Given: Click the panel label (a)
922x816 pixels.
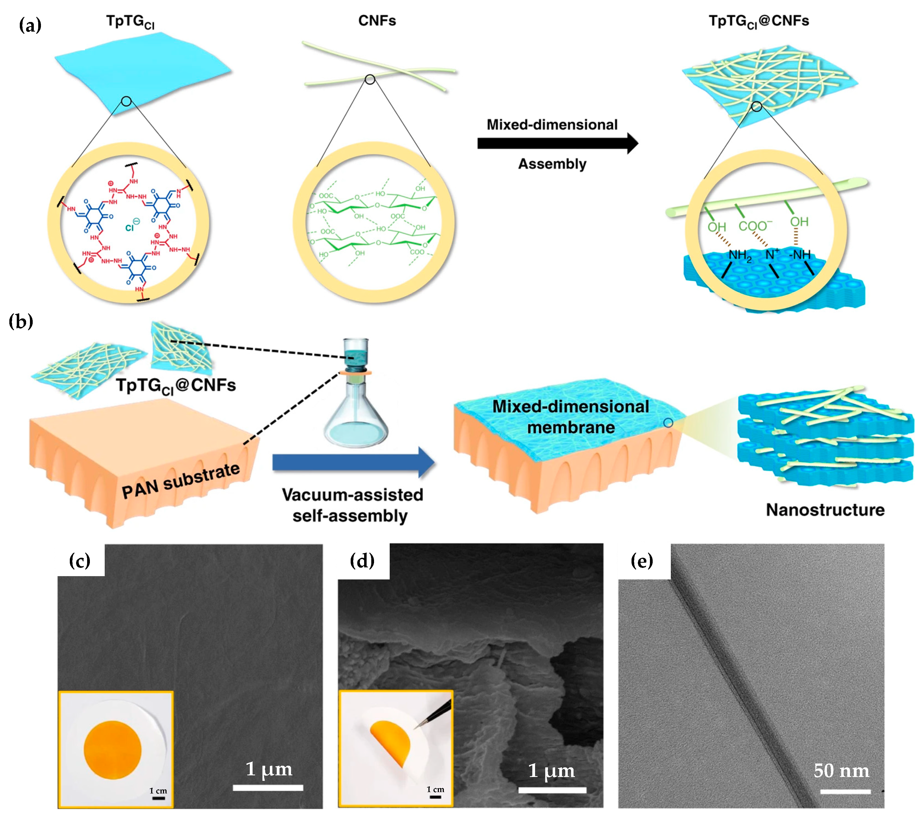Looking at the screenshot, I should pyautogui.click(x=30, y=25).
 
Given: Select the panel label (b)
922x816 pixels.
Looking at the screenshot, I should pyautogui.click(x=21, y=322).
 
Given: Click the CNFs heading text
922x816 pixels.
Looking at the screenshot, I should pyautogui.click(x=377, y=21).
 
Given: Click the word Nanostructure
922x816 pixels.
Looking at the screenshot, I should pyautogui.click(x=825, y=510).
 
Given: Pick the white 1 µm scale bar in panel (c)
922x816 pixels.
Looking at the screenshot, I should pyautogui.click(x=268, y=788).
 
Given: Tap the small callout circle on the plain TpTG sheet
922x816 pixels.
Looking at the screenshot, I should pyautogui.click(x=126, y=101).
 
